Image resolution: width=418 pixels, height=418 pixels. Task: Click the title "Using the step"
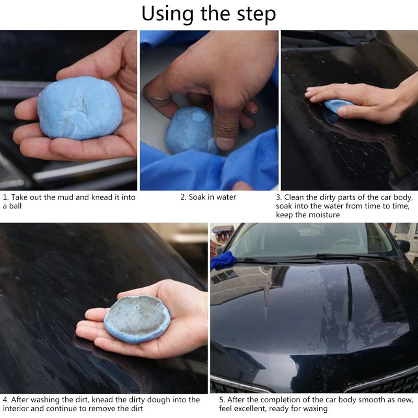tap(208, 14)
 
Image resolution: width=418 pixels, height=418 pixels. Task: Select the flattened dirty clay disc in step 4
tap(137, 319)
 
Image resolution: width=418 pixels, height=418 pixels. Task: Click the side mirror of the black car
tap(403, 246)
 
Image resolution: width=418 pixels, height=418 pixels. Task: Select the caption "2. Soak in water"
tap(208, 197)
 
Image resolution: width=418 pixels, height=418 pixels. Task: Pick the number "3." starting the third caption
tap(279, 197)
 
